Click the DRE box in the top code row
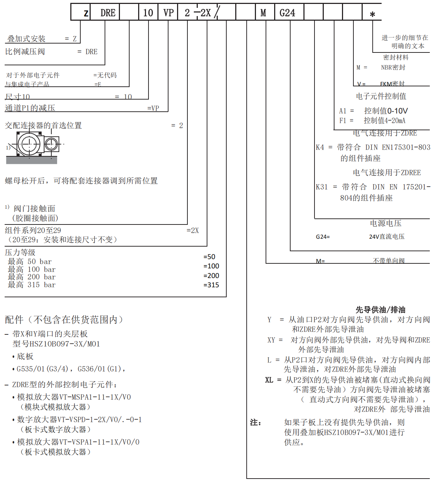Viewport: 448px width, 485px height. coord(108,13)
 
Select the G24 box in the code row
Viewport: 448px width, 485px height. coord(287,13)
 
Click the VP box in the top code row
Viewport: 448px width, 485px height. coord(168,13)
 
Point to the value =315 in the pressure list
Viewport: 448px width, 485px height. coord(211,285)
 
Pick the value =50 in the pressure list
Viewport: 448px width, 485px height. coord(210,257)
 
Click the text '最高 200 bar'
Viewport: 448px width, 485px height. coord(32,277)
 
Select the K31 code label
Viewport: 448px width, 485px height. coord(322,187)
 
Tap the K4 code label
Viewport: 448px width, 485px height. coord(320,147)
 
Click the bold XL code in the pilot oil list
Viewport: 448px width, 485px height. coord(269,380)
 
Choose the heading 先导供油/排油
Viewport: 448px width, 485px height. coord(380,309)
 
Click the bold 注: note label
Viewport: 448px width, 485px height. coord(256,423)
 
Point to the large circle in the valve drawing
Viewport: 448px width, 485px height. coord(29,144)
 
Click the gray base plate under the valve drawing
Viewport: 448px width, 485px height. coord(31,160)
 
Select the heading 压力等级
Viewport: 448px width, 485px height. coord(20,252)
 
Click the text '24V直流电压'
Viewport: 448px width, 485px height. coord(387,237)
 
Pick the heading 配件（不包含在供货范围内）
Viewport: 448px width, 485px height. coord(64,319)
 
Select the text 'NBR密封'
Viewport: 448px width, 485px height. coord(393,67)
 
